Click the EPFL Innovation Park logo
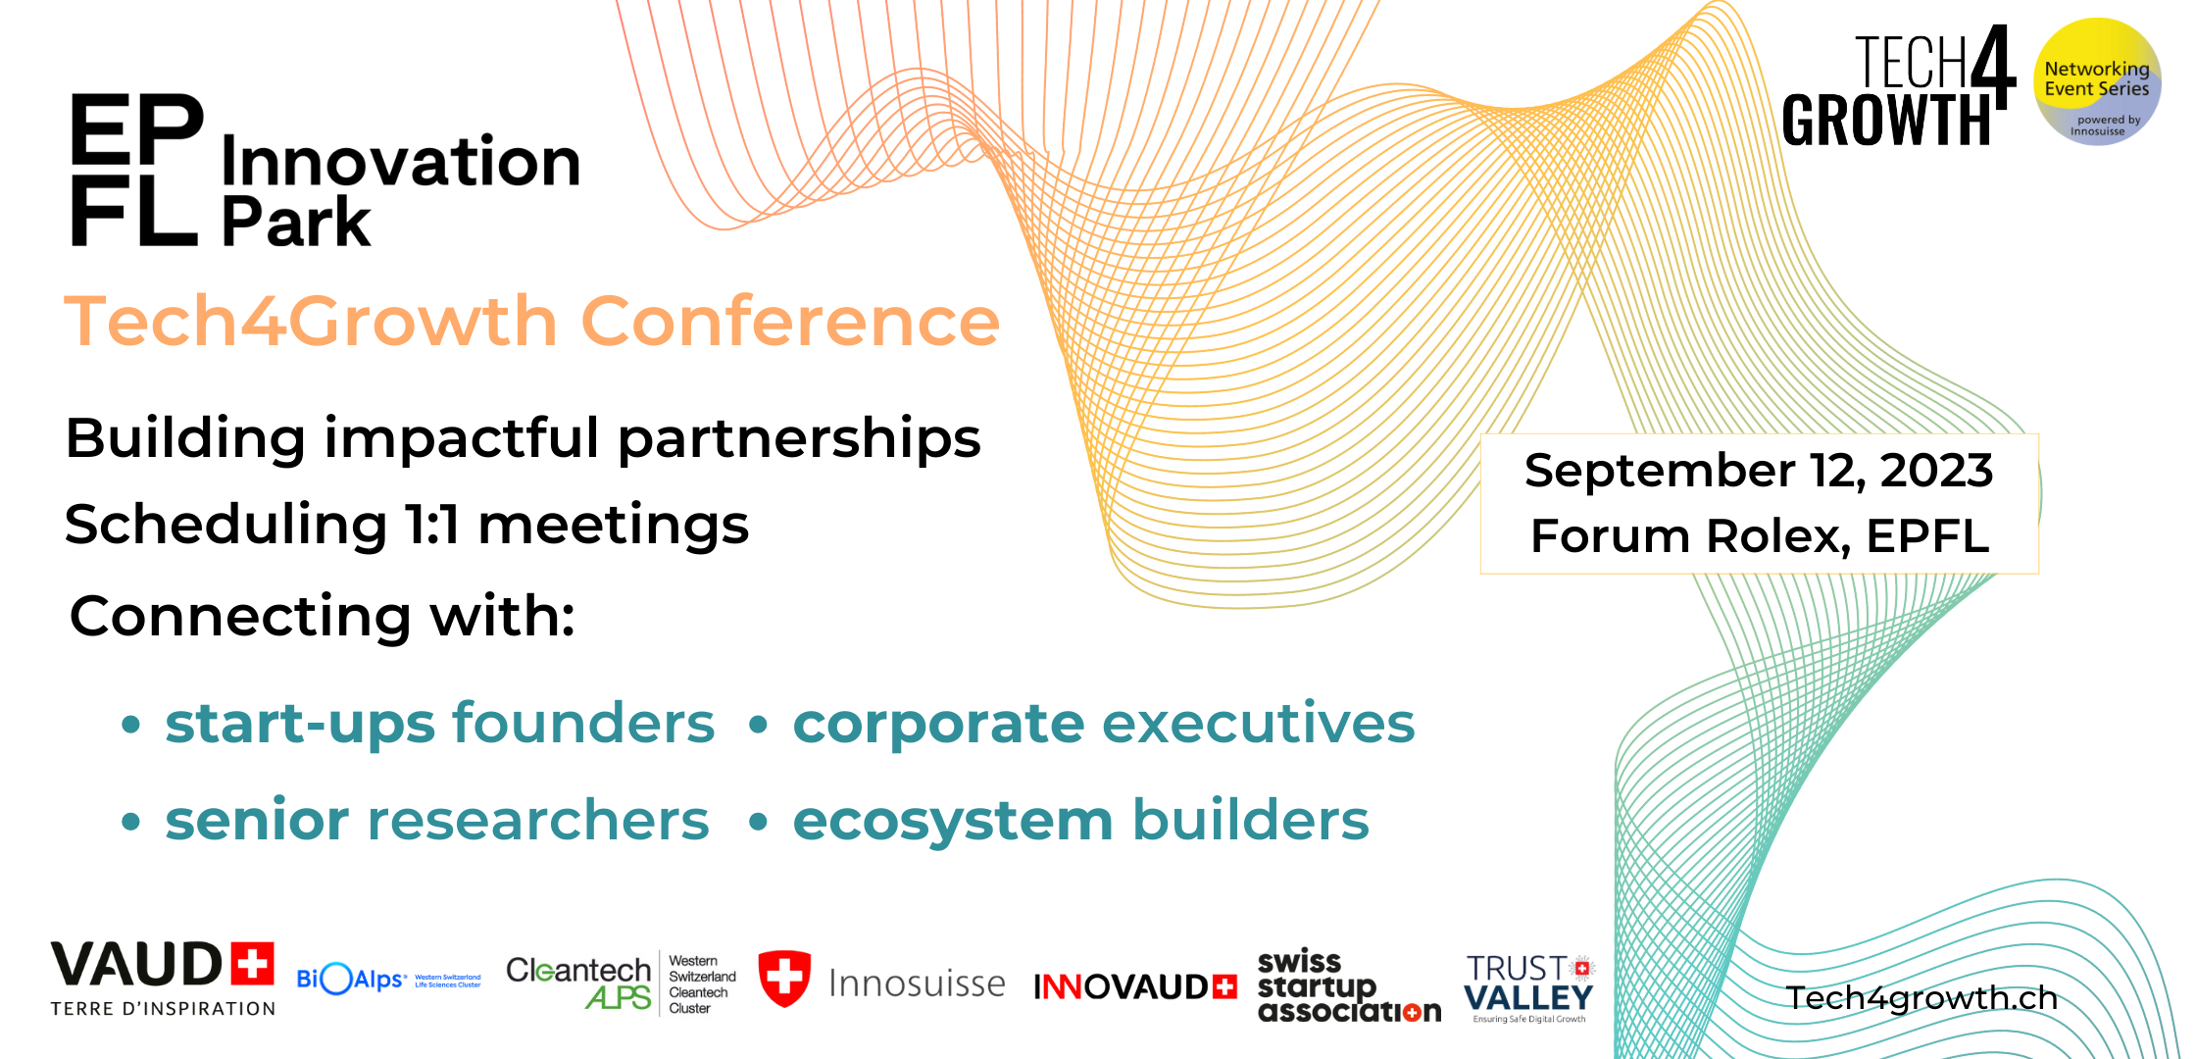click(324, 169)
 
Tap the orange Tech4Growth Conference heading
click(531, 322)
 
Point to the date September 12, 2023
click(1759, 471)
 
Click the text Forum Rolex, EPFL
click(1759, 536)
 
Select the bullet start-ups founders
click(439, 724)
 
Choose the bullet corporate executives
click(1103, 724)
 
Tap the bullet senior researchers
click(436, 820)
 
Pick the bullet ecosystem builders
click(1080, 820)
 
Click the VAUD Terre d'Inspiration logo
click(163, 978)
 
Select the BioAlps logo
click(388, 979)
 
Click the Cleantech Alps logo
click(620, 983)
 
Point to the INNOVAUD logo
click(1134, 986)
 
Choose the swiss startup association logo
click(1348, 986)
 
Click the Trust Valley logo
click(1529, 986)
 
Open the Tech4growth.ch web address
click(1921, 998)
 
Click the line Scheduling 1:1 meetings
click(407, 525)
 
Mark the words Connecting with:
click(323, 616)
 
